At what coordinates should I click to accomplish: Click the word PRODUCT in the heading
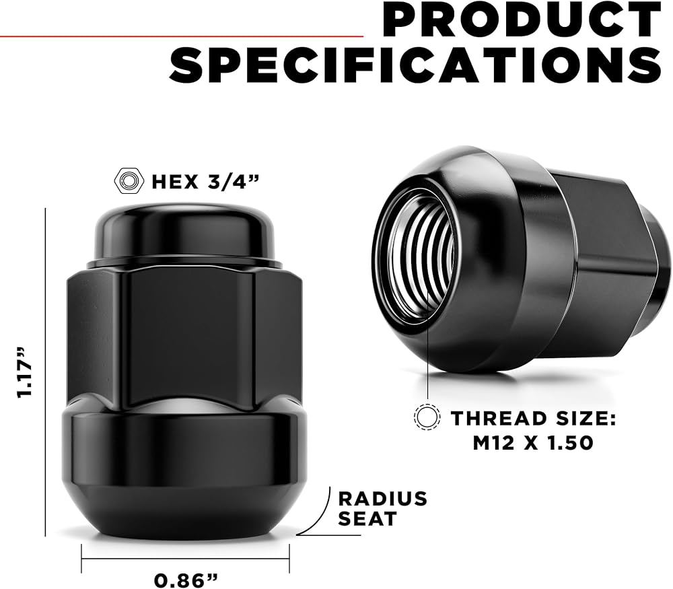point(521,20)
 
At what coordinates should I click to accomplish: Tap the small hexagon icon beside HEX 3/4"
point(129,181)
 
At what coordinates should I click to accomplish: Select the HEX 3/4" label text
point(206,181)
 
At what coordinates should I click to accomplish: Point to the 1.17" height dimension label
point(24,372)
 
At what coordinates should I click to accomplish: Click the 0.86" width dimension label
point(186,580)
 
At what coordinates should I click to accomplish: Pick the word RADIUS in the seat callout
point(383,499)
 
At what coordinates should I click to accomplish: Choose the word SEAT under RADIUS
point(367,518)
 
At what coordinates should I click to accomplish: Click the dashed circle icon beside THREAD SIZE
point(427,417)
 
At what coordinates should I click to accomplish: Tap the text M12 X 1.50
point(533,443)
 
